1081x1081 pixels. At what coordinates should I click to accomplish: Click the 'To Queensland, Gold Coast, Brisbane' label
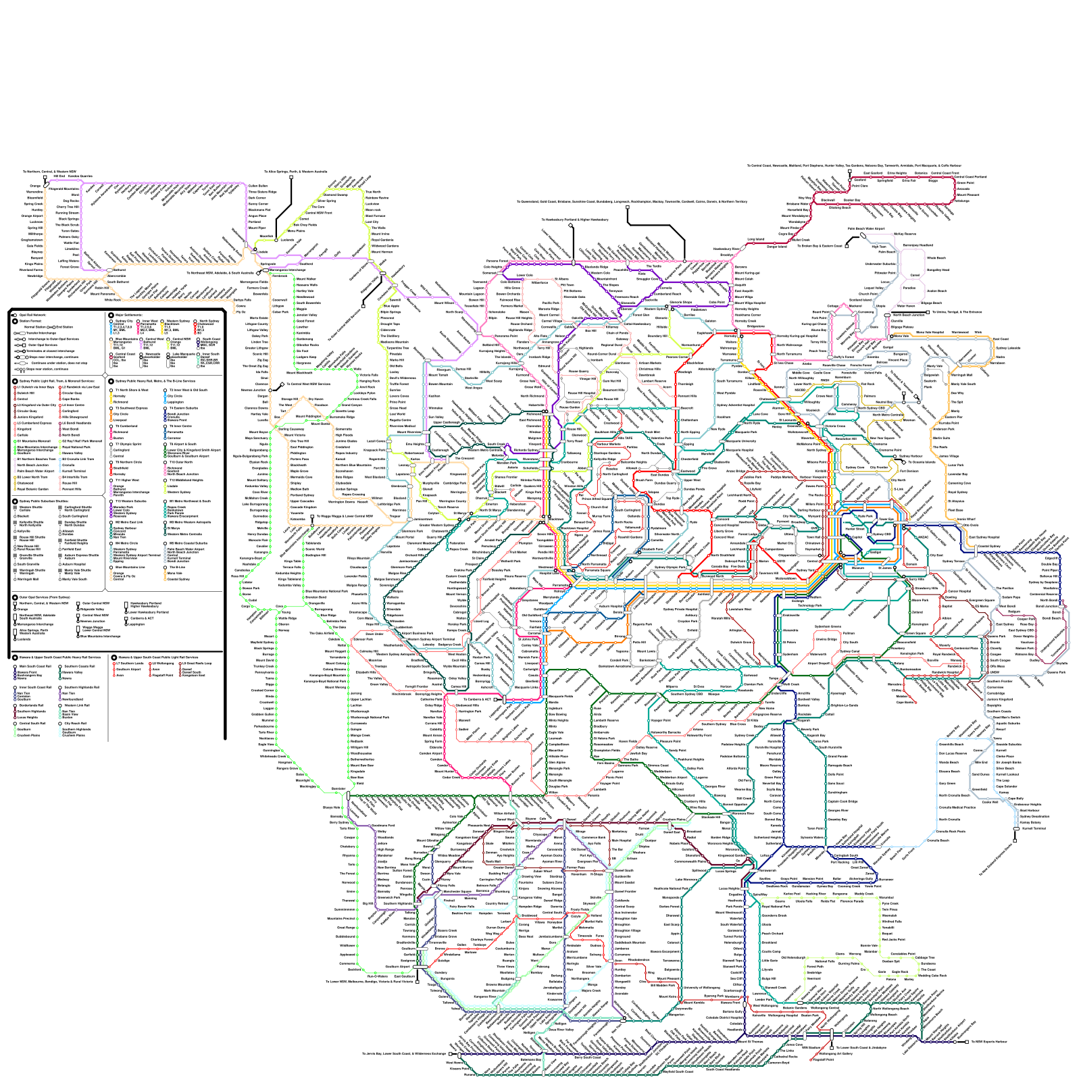632,201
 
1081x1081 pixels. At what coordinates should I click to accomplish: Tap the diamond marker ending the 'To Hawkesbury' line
572,226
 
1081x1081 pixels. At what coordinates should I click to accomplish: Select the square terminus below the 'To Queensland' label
628,207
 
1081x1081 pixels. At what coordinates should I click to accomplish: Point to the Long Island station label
755,240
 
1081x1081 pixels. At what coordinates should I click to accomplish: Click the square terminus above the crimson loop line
850,172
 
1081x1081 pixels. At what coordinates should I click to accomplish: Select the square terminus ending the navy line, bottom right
967,1042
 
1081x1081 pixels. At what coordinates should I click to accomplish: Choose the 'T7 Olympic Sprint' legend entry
128,445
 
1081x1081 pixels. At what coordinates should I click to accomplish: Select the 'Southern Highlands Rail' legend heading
81,687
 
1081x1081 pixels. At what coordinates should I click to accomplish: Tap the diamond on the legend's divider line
105,375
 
